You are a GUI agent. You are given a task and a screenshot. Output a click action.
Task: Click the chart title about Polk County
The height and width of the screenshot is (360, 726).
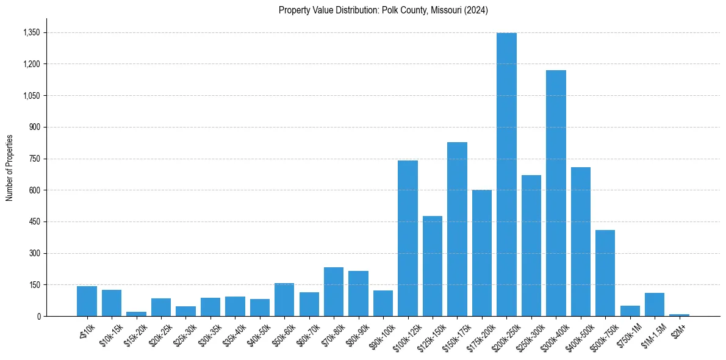383,10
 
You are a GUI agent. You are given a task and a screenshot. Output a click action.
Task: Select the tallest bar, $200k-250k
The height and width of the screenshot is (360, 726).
506,175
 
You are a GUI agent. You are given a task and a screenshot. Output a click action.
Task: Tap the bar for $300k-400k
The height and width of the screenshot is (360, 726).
556,193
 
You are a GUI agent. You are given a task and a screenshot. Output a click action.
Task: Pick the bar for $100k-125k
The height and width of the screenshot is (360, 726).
408,239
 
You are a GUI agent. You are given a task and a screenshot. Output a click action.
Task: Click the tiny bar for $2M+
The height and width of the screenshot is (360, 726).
679,315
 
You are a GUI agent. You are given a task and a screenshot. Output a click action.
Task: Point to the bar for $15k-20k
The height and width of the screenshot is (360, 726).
136,314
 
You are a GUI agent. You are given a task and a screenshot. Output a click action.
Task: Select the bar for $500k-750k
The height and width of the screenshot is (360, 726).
605,273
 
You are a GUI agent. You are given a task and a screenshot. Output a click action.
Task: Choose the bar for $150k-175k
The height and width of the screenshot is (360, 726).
457,229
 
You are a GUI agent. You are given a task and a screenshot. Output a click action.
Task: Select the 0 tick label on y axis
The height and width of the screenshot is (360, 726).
38,316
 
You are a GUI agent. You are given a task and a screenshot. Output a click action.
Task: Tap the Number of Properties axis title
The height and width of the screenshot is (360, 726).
9,168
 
